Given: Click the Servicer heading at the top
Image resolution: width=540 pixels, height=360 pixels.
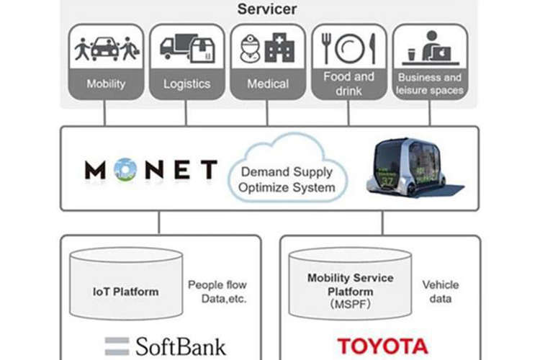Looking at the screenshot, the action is pos(267,9).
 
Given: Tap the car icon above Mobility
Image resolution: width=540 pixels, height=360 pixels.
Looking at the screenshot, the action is pos(105,48).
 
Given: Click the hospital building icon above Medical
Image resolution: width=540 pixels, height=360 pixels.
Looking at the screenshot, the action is pos(279,48).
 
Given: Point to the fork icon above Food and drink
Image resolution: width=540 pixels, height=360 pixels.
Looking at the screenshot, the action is pos(325,48).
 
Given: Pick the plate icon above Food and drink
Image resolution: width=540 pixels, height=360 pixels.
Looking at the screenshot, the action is pos(349,48).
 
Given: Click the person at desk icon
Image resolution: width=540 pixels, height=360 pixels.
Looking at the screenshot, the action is pos(431,48).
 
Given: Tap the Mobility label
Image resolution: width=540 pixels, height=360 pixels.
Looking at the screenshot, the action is pos(106,84).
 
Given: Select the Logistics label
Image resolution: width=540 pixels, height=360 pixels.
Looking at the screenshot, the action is pos(186,84).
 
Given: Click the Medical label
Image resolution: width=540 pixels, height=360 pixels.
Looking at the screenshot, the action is pos(268,84).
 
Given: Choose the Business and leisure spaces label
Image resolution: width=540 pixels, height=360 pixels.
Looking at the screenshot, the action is pos(429,84).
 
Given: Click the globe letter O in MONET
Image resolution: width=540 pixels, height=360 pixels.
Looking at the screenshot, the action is pos(125,169).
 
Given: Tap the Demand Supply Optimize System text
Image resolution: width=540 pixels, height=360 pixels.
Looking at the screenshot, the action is pos(287,179).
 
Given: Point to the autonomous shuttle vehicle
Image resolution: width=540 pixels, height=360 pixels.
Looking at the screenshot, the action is pos(412,168).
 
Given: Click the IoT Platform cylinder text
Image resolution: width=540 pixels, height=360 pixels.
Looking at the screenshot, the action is pos(126,292).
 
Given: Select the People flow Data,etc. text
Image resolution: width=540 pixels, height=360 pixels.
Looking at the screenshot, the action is pos(217,292).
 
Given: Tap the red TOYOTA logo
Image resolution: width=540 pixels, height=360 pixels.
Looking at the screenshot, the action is pos(382,346).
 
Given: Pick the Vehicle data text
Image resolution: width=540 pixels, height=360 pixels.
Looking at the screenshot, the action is pos(441,292).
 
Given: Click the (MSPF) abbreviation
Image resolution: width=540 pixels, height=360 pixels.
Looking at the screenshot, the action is pos(350,304).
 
